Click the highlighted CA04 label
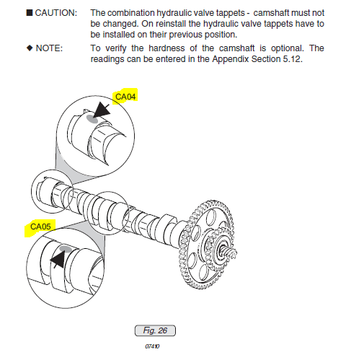[125, 97]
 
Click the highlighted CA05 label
[40, 227]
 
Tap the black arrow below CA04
[102, 110]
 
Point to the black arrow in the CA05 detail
[58, 259]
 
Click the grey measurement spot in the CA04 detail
[92, 118]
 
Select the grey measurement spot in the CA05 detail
[66, 249]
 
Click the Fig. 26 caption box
[155, 330]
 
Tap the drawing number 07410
[152, 346]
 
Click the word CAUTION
[56, 13]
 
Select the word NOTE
[49, 48]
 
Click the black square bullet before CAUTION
[30, 12]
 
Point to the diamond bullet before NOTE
[30, 48]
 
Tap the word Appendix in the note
[230, 59]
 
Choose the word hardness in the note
[167, 48]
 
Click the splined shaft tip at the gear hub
[231, 252]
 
